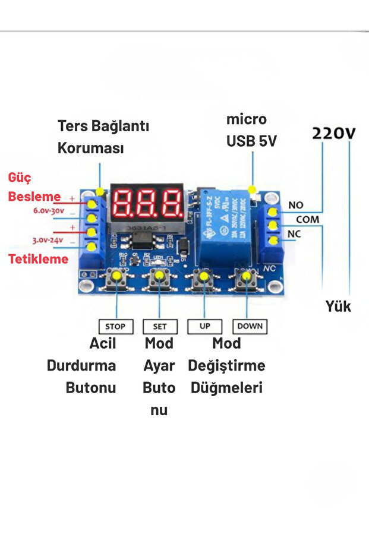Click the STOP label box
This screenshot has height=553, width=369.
[115, 326]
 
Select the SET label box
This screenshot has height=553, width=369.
[160, 326]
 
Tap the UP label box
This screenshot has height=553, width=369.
[204, 326]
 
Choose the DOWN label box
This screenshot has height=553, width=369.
[250, 326]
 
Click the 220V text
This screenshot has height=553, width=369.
[334, 133]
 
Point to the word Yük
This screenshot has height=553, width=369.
[338, 306]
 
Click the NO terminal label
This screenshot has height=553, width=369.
[296, 206]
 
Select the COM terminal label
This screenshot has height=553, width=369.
[307, 220]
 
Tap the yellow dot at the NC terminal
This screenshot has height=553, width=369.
[273, 240]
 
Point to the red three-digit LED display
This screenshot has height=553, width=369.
[147, 203]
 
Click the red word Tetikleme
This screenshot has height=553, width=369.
[38, 259]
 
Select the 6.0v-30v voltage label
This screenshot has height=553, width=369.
[48, 211]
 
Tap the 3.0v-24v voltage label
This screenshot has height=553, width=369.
[48, 240]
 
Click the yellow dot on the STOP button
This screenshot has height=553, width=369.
[116, 276]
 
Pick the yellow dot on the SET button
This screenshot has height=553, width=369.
[159, 276]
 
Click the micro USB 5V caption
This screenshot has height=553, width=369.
[251, 131]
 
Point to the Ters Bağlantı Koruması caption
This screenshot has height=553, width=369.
[103, 137]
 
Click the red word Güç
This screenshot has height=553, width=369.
[20, 178]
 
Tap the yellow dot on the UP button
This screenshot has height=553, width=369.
[204, 276]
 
